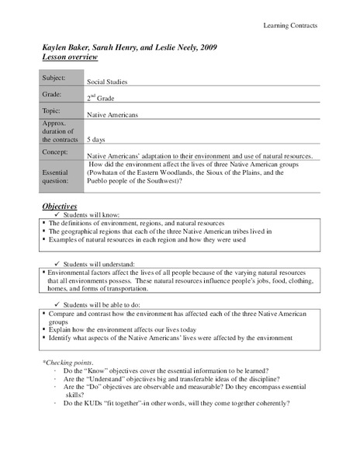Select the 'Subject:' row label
point(56,78)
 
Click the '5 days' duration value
point(97,139)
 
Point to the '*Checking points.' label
point(67,363)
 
